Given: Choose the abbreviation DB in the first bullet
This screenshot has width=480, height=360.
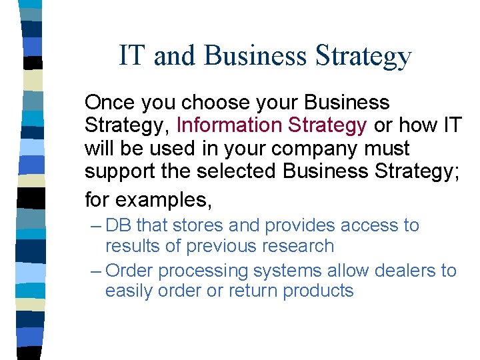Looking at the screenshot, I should coord(119,225).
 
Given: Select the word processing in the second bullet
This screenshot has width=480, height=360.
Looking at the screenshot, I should coord(204,271).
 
